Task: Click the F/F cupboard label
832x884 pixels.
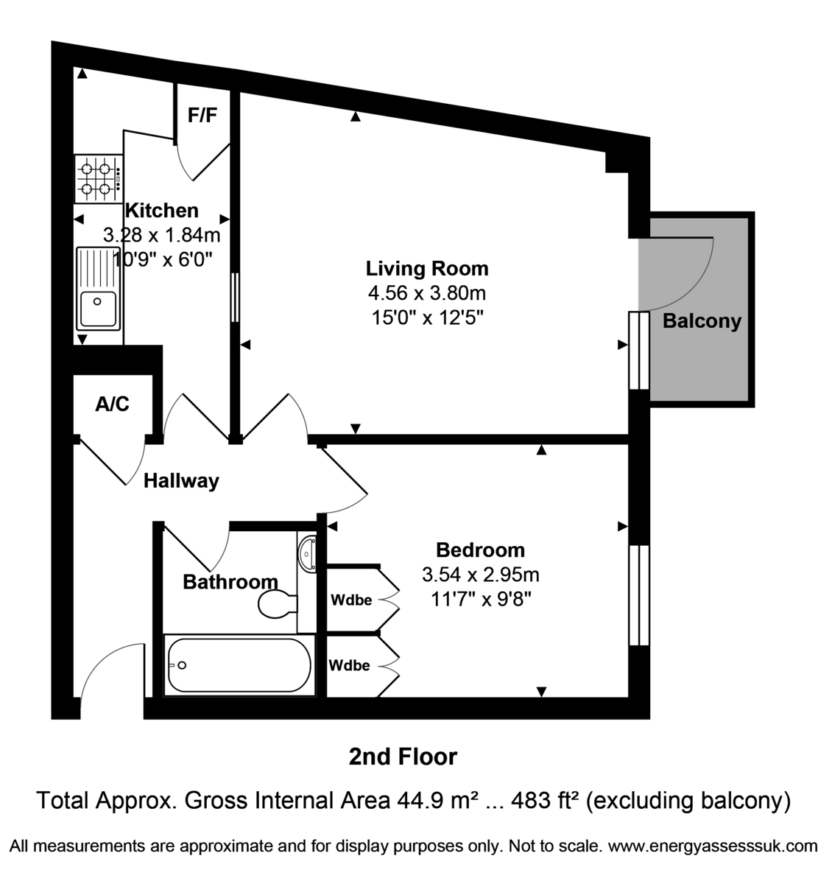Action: click(x=202, y=116)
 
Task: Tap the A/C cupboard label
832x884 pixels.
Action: click(x=112, y=404)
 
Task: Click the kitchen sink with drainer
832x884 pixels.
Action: click(x=98, y=288)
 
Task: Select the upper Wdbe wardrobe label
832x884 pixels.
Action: click(x=350, y=600)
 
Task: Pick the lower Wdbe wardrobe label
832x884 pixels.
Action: click(x=350, y=665)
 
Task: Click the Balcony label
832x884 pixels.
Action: click(x=702, y=321)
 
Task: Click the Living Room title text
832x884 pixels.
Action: click(x=427, y=268)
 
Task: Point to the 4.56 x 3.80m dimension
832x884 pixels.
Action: click(x=427, y=293)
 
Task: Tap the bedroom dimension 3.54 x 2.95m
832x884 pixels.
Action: click(x=480, y=574)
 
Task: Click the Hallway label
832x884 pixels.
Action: click(x=181, y=481)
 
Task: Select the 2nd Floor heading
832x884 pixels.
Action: click(x=403, y=757)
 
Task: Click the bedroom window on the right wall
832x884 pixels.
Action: click(x=639, y=595)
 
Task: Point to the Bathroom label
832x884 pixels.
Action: click(x=230, y=582)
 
